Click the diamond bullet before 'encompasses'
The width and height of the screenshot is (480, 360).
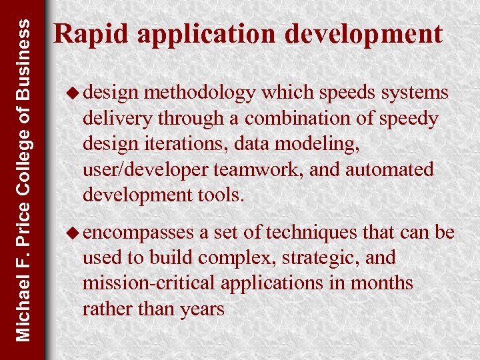(x=75, y=233)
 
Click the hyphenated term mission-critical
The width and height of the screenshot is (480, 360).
(x=146, y=283)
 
